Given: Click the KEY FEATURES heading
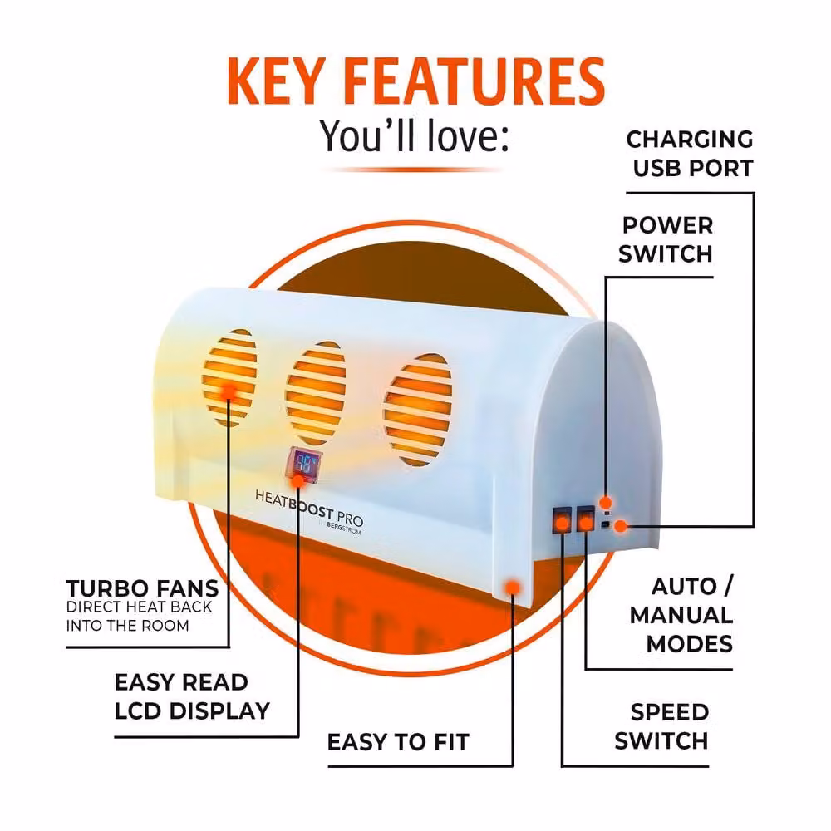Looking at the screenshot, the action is [x=416, y=81].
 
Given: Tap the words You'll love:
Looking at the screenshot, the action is [x=414, y=136].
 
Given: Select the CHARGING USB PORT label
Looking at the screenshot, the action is [x=690, y=154].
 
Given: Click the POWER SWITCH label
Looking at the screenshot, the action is [x=666, y=239].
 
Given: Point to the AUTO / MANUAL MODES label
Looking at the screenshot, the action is [x=681, y=615].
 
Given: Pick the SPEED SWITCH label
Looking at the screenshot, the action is [x=661, y=726].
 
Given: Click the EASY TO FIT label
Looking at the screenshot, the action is [x=398, y=742].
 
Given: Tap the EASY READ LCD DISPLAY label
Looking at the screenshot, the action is [x=192, y=696].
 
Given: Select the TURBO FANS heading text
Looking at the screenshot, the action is [x=142, y=588].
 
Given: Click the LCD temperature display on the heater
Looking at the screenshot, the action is [x=302, y=464].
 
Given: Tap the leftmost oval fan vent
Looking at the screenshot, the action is [x=230, y=377].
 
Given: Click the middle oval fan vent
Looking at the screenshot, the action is [x=315, y=393].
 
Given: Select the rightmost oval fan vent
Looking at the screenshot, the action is [x=418, y=410].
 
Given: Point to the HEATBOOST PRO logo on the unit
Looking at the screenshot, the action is [x=309, y=511].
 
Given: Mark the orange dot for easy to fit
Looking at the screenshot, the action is [x=512, y=588].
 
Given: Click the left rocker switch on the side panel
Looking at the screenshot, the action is [x=562, y=520].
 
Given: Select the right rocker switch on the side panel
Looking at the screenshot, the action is [x=585, y=519].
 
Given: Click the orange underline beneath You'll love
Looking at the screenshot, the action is [x=414, y=170].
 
